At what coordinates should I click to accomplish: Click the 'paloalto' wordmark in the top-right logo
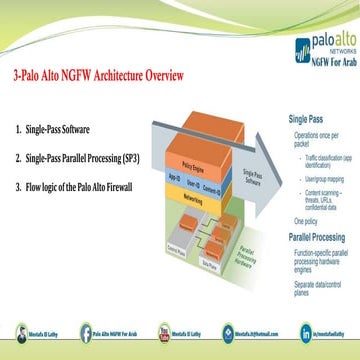323,45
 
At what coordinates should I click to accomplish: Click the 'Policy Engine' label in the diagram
174,157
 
